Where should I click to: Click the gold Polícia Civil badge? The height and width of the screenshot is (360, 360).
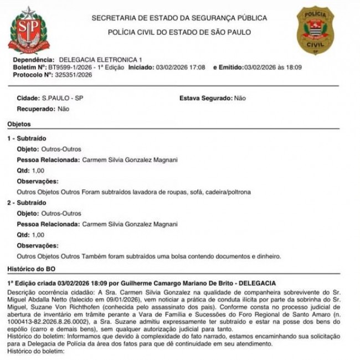[316, 30]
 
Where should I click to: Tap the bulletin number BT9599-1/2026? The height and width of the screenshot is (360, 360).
[69, 67]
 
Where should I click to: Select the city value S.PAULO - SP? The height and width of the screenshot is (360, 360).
[63, 98]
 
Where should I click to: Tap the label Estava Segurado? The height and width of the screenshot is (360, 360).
[205, 98]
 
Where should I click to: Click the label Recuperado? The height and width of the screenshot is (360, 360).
[35, 109]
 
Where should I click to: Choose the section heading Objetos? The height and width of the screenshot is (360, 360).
[19, 124]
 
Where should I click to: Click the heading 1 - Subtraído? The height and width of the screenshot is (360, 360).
[26, 138]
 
